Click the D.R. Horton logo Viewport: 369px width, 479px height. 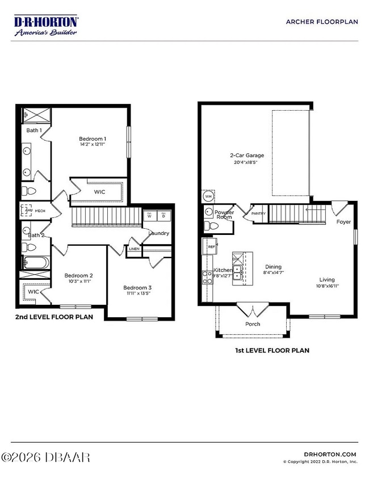click(x=46, y=26)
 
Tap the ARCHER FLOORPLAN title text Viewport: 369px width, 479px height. click(x=321, y=22)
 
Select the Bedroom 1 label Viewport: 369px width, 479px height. click(x=92, y=139)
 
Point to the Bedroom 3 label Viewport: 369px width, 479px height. click(x=137, y=288)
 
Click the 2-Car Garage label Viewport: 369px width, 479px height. click(x=246, y=155)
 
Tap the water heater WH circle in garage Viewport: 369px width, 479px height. click(x=208, y=196)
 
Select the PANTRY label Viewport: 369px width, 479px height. click(x=258, y=213)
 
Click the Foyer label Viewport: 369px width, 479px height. click(x=343, y=222)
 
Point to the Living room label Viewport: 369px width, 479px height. click(x=326, y=279)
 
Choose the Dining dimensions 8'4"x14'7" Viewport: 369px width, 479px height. click(x=274, y=273)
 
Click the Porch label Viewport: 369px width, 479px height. click(x=253, y=324)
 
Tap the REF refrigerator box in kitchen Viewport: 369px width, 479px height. click(x=211, y=247)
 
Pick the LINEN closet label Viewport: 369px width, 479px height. click(x=134, y=249)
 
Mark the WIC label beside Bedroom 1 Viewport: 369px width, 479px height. click(x=99, y=192)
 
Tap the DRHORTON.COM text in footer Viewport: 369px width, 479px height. click(x=329, y=454)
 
